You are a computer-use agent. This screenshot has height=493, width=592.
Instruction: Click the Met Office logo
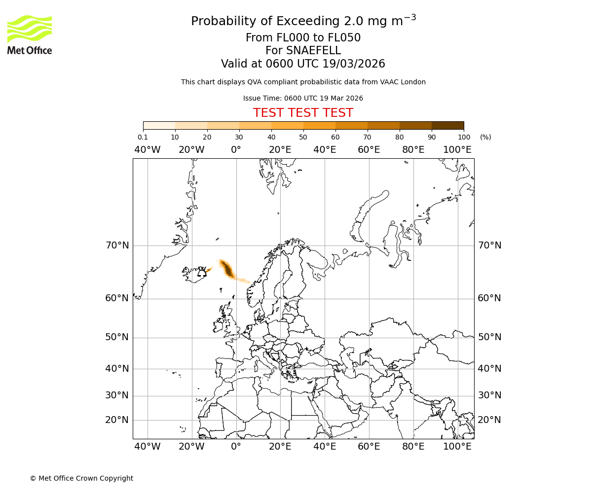click(x=30, y=35)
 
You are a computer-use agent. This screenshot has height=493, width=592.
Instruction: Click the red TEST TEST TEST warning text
click(x=303, y=113)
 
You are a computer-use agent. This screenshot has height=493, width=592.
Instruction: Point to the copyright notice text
click(x=81, y=478)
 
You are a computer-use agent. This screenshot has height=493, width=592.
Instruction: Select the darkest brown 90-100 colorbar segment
click(x=447, y=125)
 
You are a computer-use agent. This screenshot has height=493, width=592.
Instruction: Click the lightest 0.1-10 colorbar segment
click(x=159, y=125)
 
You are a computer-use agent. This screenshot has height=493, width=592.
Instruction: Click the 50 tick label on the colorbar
click(x=303, y=137)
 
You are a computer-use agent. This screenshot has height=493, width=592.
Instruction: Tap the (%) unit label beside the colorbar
click(x=485, y=137)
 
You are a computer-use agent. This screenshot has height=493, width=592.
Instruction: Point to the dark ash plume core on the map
click(x=227, y=269)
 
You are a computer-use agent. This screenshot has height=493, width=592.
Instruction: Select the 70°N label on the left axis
click(x=117, y=245)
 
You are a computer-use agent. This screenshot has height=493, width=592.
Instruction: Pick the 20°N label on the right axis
click(x=489, y=420)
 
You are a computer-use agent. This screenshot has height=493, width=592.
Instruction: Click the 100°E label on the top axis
click(x=457, y=149)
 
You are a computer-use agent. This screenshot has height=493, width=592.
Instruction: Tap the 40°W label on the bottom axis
click(x=148, y=446)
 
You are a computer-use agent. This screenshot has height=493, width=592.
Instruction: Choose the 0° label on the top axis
click(x=236, y=149)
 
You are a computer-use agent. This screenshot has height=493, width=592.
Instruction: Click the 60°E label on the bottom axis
click(x=369, y=446)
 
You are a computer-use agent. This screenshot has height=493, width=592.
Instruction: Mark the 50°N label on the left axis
click(x=117, y=337)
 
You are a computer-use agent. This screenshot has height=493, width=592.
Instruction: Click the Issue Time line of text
click(x=303, y=98)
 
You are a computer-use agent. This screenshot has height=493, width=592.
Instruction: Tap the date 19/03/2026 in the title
click(x=354, y=64)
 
